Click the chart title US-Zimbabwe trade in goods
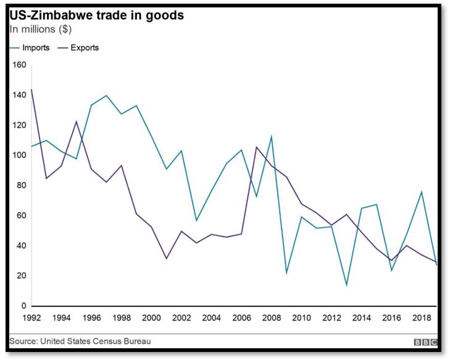coord(97,14)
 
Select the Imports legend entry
coord(31,48)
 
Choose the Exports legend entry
coord(78,48)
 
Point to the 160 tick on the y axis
coord(18,65)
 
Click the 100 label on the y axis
coord(18,155)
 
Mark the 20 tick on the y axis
coord(20,275)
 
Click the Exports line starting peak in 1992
coord(31,90)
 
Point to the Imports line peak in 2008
coord(272,136)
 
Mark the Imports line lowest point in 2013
coord(347,285)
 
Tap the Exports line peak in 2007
coord(256,147)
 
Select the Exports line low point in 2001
coord(166,259)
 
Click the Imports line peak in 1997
coord(106,95)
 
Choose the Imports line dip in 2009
coord(286,273)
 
